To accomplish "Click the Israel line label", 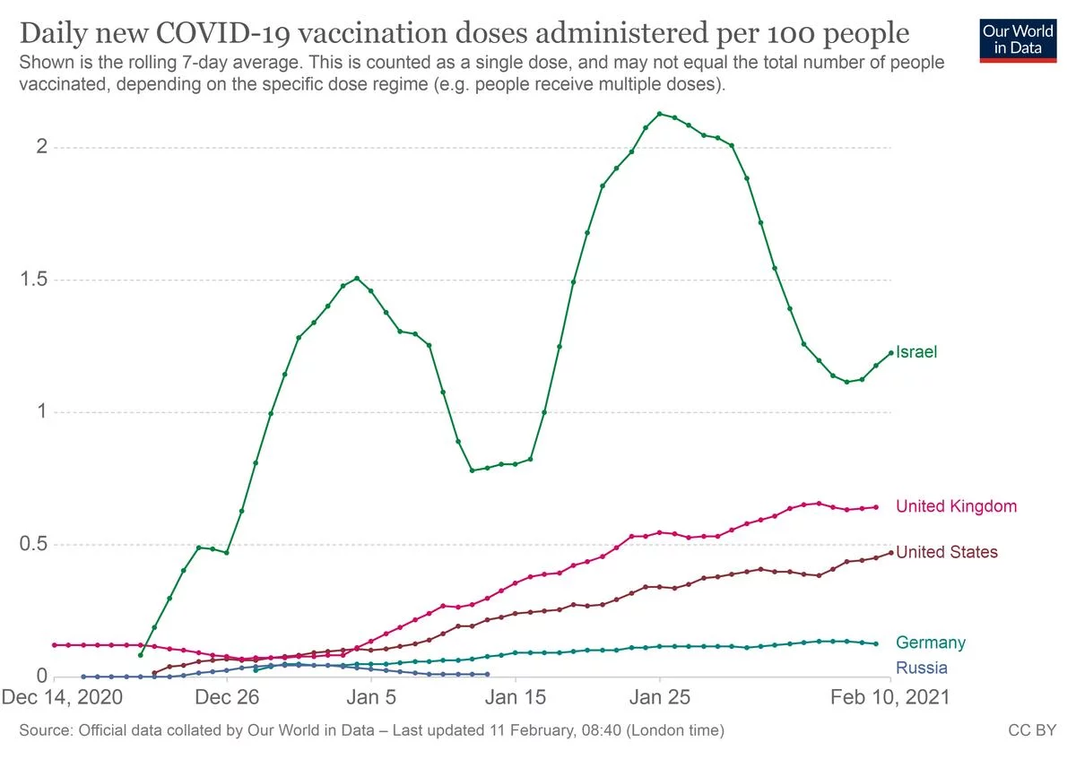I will point(916,352).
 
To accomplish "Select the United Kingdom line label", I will point(956,506).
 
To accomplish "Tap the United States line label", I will point(946,552).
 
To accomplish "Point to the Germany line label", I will point(931,643).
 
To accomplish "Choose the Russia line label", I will point(921,668).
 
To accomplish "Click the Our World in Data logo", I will point(1018,37).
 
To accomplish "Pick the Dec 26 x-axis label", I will point(227,697).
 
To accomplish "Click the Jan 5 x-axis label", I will point(371,697).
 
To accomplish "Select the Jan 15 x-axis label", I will point(516,697).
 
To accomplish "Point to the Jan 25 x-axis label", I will point(659,697).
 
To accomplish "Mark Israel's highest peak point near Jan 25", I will point(660,114).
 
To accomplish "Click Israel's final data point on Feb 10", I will point(890,353).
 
